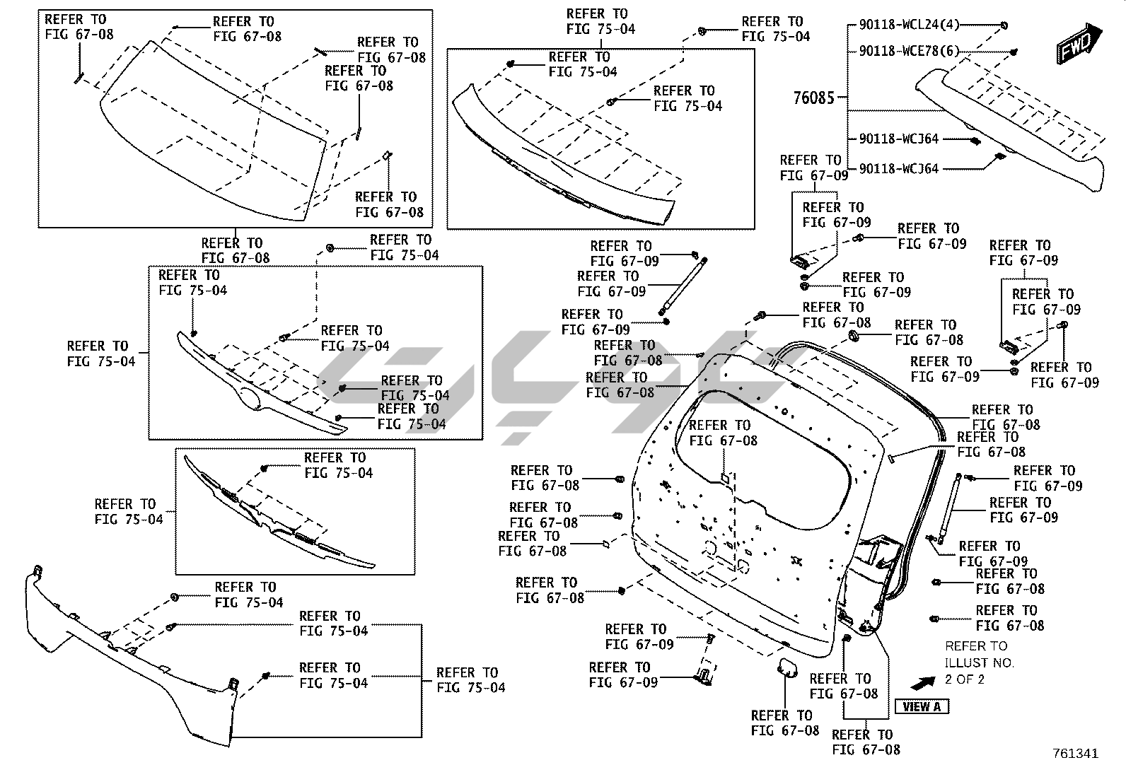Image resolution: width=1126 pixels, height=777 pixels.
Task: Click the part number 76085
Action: coord(813,98)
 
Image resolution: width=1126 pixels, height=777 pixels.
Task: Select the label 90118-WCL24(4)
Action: coord(909,25)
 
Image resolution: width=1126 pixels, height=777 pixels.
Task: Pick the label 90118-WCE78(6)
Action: coord(909,51)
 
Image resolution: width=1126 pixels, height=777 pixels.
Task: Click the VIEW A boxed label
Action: coord(922,706)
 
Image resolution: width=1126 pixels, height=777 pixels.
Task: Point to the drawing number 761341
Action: coord(1075,754)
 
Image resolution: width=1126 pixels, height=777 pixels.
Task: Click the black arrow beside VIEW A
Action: coord(922,682)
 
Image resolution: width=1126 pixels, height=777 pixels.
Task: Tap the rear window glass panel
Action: coord(212,134)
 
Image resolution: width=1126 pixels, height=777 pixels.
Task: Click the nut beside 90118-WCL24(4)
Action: coord(1004,25)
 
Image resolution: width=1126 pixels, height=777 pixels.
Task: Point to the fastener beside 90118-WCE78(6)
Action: coord(1014,52)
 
